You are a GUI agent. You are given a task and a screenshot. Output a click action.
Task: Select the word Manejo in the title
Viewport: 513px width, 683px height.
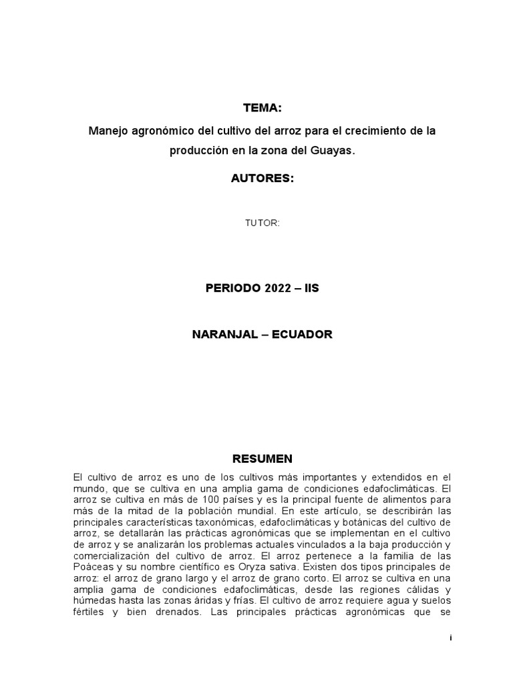(x=108, y=131)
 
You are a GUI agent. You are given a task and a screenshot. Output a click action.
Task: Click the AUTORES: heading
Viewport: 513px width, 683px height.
(x=262, y=179)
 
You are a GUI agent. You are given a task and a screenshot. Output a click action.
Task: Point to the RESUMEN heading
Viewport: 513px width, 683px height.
(x=262, y=459)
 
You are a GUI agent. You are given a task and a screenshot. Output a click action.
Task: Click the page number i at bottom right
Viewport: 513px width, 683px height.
(x=451, y=638)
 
